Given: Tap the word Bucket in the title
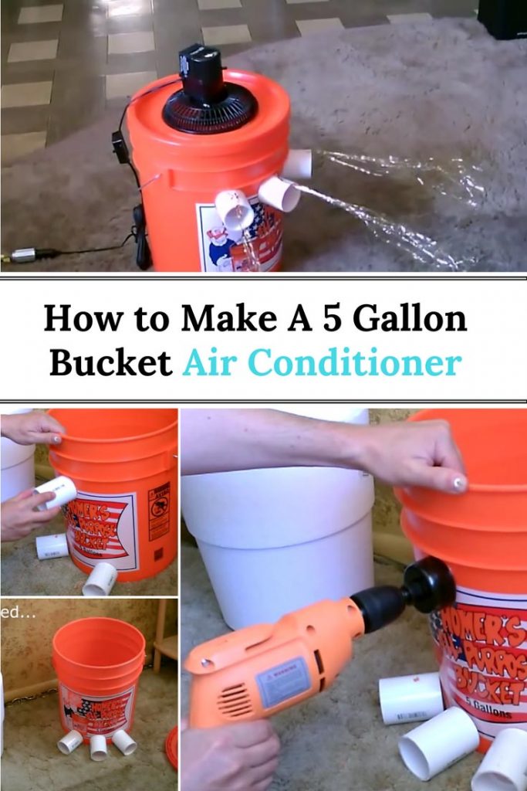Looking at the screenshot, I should [110, 362].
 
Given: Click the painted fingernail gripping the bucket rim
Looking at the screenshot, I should [460, 484].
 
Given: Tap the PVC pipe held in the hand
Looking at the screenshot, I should [56, 493].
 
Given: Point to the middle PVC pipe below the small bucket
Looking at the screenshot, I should [98, 747].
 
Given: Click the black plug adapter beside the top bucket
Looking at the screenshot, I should [120, 147].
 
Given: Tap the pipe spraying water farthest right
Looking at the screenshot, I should [298, 163].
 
